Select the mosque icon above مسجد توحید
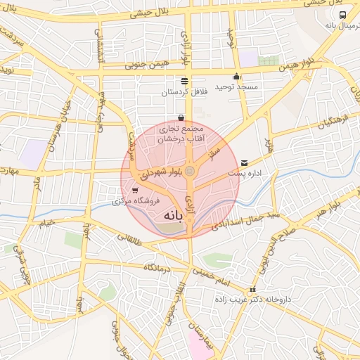pyautogui.click(x=236, y=77)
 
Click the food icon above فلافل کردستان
pyautogui.click(x=184, y=82)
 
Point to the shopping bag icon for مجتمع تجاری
pyautogui.click(x=181, y=118)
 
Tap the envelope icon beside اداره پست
pyautogui.click(x=244, y=162)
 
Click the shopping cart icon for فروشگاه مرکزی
pyautogui.click(x=135, y=191)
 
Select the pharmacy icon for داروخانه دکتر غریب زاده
pyautogui.click(x=252, y=290)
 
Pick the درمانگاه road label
pyautogui.click(x=159, y=268)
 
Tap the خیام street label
pyautogui.click(x=46, y=224)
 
